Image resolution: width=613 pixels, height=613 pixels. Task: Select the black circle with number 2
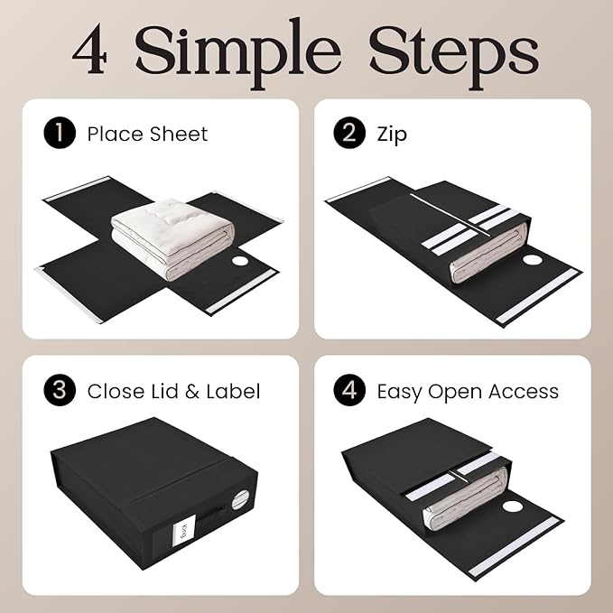tap(348, 135)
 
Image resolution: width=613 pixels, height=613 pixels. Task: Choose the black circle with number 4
tap(348, 391)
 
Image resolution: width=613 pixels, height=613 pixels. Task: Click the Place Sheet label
tap(147, 135)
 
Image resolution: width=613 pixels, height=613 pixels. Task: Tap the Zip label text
tap(393, 135)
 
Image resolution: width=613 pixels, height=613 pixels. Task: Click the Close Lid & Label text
tap(173, 391)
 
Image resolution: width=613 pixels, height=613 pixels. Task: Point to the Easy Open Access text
tap(467, 391)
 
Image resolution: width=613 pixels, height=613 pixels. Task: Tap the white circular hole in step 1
tap(241, 262)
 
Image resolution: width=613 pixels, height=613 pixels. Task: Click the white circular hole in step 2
tap(534, 259)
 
